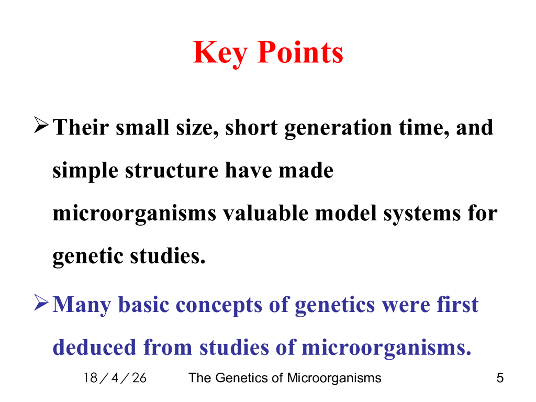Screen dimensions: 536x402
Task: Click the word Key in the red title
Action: click(x=220, y=53)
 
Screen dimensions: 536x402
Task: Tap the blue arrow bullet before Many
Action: click(x=41, y=303)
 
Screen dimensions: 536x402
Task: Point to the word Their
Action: click(x=81, y=127)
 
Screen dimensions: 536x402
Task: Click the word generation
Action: click(x=338, y=128)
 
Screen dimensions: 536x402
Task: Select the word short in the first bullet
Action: click(x=251, y=127)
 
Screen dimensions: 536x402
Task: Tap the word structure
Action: click(x=172, y=171)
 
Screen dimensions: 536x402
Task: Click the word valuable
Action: click(x=265, y=213)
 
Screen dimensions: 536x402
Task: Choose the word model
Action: click(x=345, y=213)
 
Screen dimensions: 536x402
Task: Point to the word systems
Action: click(x=422, y=214)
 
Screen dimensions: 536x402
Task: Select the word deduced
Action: click(x=94, y=347)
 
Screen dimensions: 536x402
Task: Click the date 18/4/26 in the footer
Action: click(x=115, y=378)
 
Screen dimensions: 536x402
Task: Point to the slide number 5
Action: click(x=500, y=378)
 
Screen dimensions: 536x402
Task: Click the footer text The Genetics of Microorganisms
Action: click(x=285, y=378)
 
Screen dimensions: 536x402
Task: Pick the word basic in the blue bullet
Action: click(x=143, y=304)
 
